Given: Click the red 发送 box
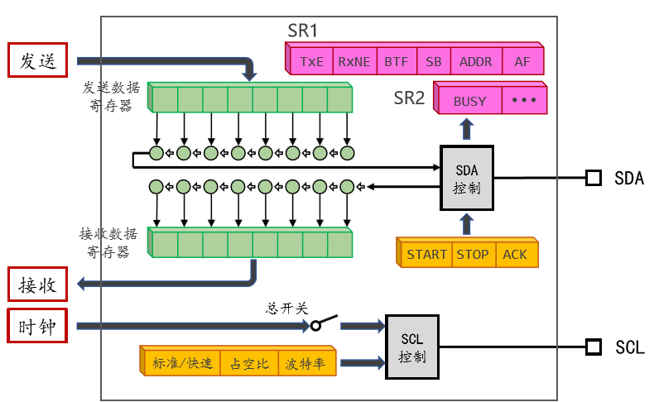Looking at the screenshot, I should tap(37, 60).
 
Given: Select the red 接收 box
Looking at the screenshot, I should tap(37, 285).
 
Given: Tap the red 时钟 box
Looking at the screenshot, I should tap(37, 327).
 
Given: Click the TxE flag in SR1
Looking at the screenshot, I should tap(312, 61).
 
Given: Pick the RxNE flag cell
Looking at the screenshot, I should tap(354, 61).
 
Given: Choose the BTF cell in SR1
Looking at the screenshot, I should tap(395, 61).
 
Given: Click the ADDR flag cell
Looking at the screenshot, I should tap(475, 61).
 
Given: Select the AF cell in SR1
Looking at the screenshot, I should tap(522, 61).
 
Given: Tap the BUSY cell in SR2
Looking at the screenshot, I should tap(470, 102).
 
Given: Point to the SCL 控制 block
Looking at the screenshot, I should tap(412, 348).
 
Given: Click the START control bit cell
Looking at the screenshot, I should tap(426, 254).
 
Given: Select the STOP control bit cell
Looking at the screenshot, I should tap(474, 254).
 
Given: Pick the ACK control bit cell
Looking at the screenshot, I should tap(515, 254).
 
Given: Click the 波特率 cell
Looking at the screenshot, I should tap(305, 363).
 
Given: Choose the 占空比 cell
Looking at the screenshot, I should tap(249, 363).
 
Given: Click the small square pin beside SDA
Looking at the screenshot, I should tap(593, 178).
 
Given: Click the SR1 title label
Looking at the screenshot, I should tap(303, 31).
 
